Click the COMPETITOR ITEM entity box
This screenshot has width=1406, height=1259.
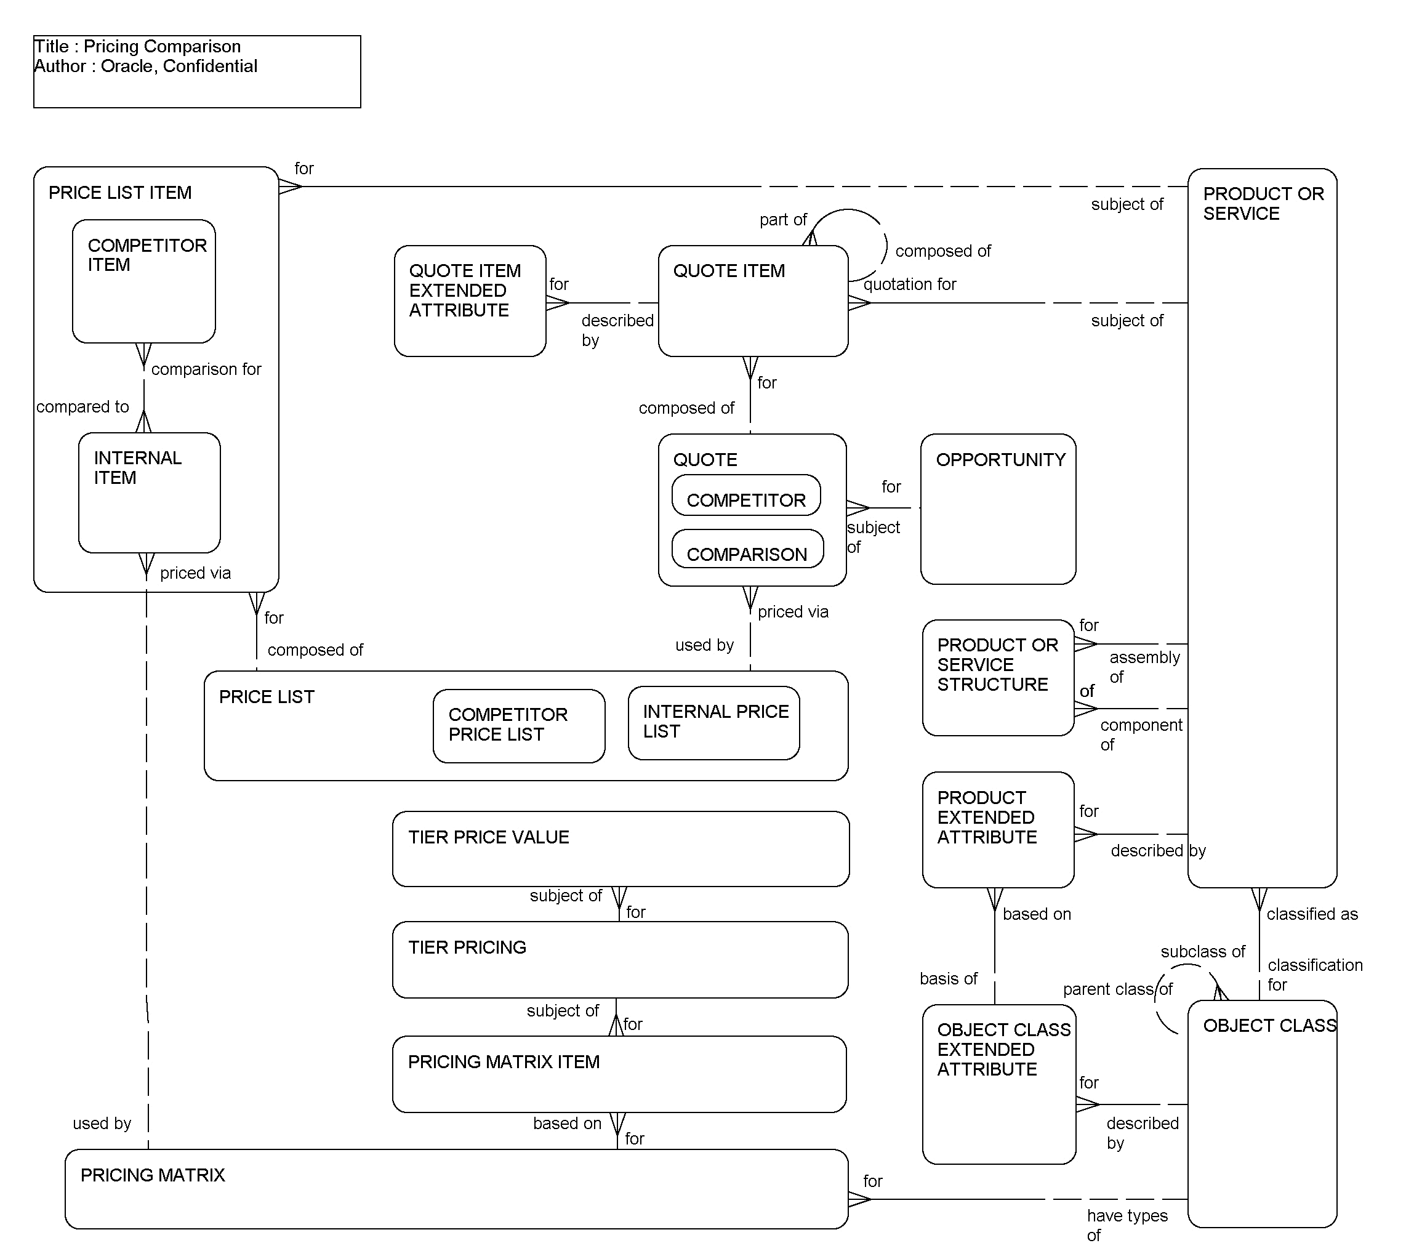pos(144,281)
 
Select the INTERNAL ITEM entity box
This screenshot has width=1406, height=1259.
pos(150,493)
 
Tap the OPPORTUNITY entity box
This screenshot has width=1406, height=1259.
pos(998,510)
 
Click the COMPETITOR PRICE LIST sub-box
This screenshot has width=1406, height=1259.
pos(519,726)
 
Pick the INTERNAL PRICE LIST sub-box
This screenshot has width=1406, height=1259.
pos(713,723)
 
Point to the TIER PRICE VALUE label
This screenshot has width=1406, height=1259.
pos(488,837)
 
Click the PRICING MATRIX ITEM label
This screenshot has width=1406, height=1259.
pos(504,1062)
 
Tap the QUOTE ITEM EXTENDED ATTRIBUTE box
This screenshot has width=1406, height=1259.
pos(470,301)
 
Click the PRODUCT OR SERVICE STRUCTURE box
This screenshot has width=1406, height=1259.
pos(997,678)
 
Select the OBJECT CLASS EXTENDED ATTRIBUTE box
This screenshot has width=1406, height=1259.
pos(998,1084)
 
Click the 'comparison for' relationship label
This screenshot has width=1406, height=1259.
pos(206,369)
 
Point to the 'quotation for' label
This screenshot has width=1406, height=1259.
pos(909,284)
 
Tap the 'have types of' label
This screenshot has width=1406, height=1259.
pos(1127,1225)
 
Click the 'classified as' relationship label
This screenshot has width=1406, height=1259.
pos(1312,914)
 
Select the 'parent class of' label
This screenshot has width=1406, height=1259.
pos(1118,989)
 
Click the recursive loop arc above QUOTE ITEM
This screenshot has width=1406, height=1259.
pos(883,235)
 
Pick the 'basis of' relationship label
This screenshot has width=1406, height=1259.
pos(948,979)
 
